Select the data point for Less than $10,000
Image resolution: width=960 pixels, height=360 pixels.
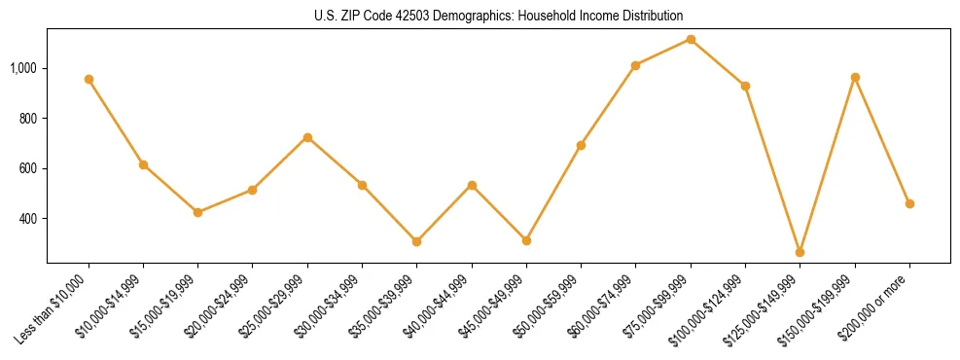click(89, 79)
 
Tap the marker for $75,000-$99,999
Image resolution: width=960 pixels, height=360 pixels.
click(691, 39)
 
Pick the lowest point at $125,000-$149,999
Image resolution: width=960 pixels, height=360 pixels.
click(800, 252)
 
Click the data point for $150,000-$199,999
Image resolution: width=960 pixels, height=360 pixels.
click(855, 77)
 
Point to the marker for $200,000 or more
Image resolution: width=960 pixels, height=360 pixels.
click(909, 203)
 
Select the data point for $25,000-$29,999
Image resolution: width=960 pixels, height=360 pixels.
click(307, 137)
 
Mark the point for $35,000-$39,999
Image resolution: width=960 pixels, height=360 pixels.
click(416, 241)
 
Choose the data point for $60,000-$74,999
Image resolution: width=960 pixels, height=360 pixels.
click(635, 65)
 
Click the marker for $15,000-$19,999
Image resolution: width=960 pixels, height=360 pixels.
click(197, 212)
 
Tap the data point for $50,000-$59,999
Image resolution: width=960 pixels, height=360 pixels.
click(581, 145)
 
